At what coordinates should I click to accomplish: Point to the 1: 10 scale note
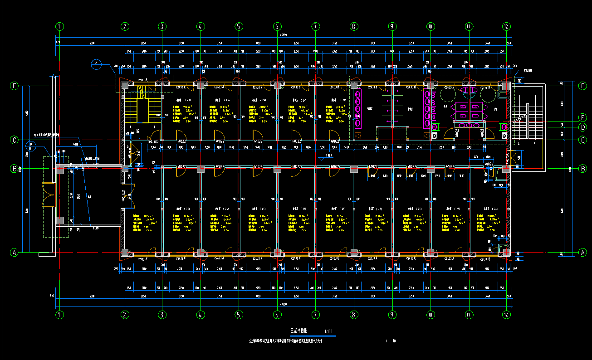pyautogui.click(x=391, y=341)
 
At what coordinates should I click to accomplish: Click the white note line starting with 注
pyautogui.click(x=286, y=341)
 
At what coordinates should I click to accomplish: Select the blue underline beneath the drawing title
pyautogui.click(x=308, y=336)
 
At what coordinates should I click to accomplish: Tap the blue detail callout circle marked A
pyautogui.click(x=96, y=63)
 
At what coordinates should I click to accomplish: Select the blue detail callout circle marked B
pyautogui.click(x=31, y=146)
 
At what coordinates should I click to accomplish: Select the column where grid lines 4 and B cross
pyautogui.click(x=200, y=169)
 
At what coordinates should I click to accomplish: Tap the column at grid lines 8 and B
pyautogui.click(x=353, y=169)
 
